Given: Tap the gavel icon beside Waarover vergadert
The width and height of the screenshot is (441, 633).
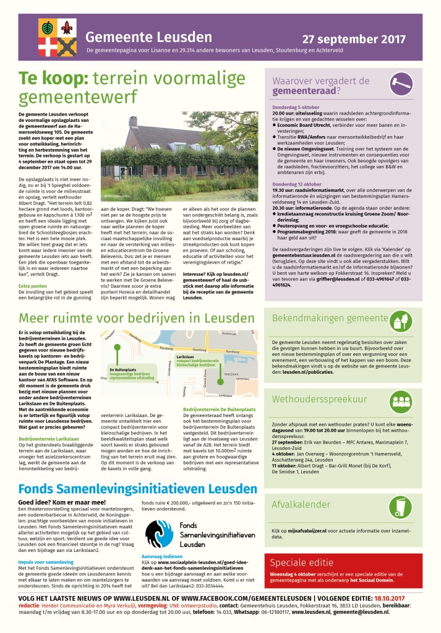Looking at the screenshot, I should (400, 83).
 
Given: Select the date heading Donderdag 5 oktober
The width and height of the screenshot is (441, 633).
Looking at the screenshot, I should (295, 108).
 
